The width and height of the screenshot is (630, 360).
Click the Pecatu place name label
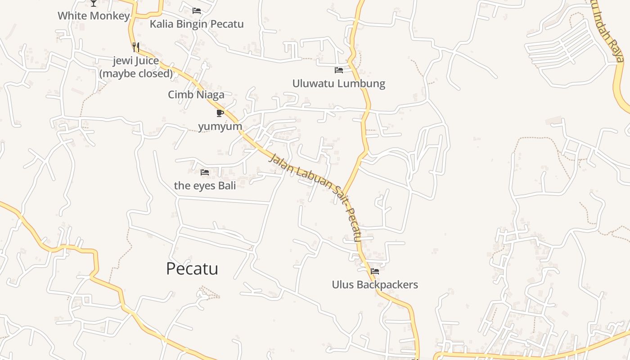pyautogui.click(x=192, y=269)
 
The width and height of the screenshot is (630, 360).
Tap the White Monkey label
pyautogui.click(x=94, y=16)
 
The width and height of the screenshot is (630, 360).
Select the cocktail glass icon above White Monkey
pyautogui.click(x=94, y=3)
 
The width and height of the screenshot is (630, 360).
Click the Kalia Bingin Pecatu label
pyautogui.click(x=197, y=24)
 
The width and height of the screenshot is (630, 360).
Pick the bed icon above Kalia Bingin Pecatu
pyautogui.click(x=197, y=11)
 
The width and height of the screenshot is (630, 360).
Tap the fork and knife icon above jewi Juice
pyautogui.click(x=136, y=46)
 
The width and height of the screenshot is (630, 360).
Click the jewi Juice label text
pyautogui.click(x=136, y=61)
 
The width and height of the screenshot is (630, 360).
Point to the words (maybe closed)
pyautogui.click(x=136, y=73)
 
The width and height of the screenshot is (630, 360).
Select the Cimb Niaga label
pyautogui.click(x=196, y=94)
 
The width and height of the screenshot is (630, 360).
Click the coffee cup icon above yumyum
pyautogui.click(x=220, y=113)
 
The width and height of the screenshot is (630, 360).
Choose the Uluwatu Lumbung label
pyautogui.click(x=339, y=83)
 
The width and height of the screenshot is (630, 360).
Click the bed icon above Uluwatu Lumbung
pyautogui.click(x=339, y=70)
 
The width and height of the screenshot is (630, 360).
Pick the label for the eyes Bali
pyautogui.click(x=205, y=185)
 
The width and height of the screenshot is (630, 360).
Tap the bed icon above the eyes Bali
pyautogui.click(x=205, y=172)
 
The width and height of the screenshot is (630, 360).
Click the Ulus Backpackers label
pyautogui.click(x=375, y=284)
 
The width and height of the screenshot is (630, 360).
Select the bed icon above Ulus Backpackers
pyautogui.click(x=375, y=271)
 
